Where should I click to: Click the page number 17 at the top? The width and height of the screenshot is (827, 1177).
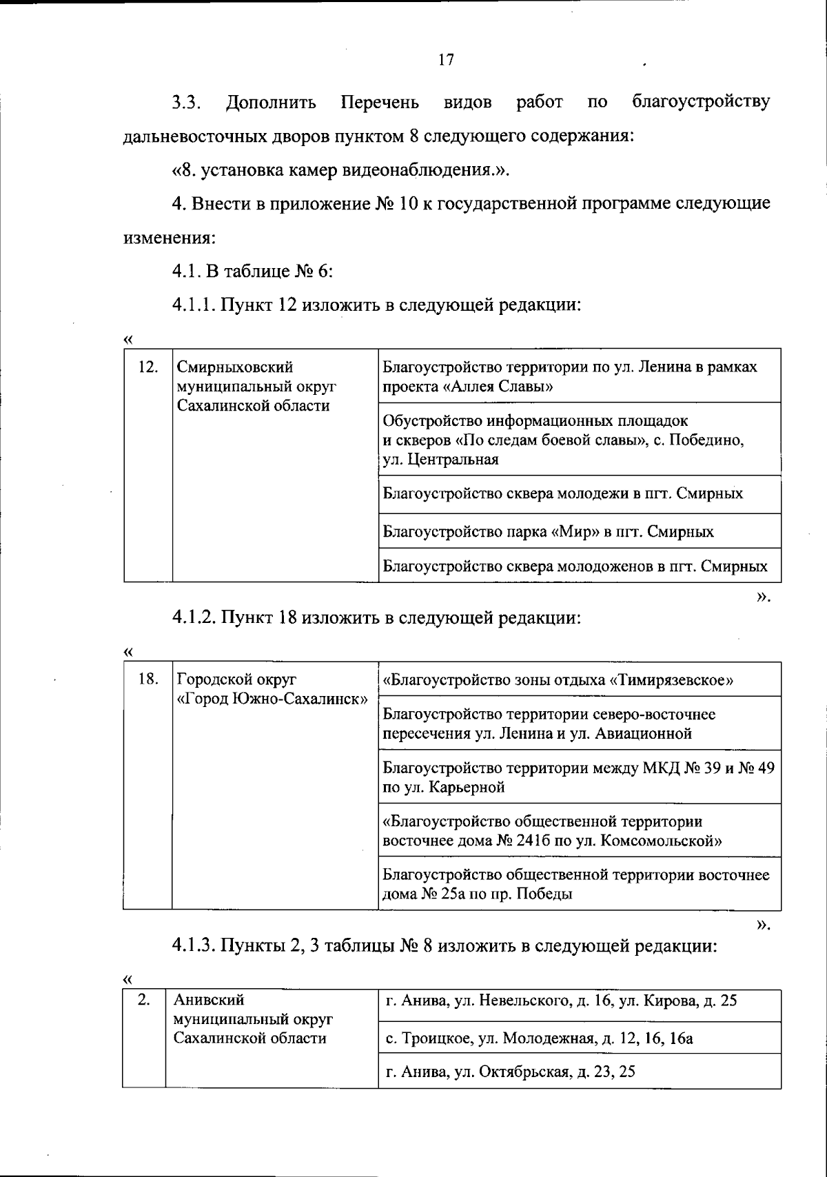point(446,60)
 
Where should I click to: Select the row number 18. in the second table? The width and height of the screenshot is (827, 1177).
point(148,679)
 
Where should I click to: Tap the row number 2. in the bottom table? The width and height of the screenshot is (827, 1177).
point(144,1000)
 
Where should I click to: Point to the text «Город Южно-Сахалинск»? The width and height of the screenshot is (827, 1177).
point(272,698)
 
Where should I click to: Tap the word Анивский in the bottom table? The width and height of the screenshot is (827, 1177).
point(208,1000)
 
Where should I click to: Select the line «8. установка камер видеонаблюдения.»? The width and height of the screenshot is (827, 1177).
point(340,170)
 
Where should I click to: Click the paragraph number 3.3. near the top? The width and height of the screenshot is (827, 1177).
point(186,103)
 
